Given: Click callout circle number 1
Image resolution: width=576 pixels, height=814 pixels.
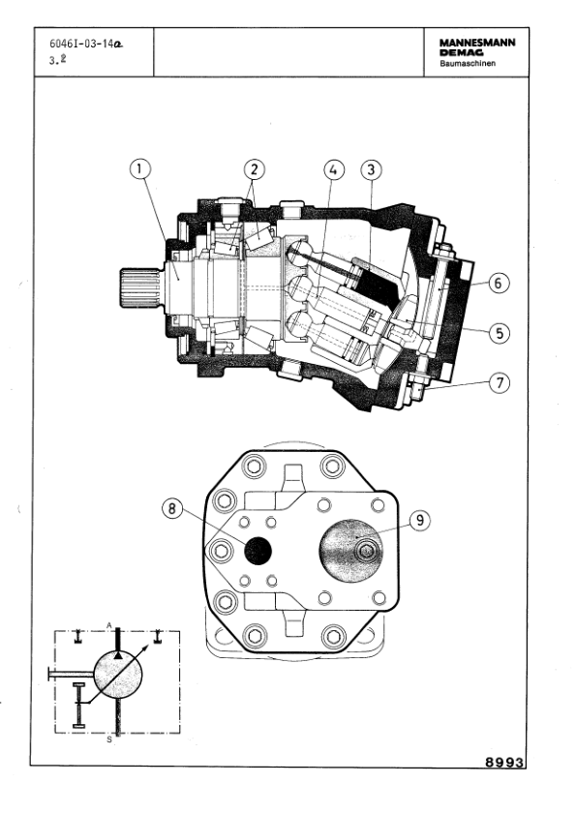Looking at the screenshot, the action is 140,169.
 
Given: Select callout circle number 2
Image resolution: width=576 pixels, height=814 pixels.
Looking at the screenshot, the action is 254,169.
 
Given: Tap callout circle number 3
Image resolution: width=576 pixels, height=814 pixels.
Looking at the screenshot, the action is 371,169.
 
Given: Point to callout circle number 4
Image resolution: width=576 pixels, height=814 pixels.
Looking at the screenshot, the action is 334,169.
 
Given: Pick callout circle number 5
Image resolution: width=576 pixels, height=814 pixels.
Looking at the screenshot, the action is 500,333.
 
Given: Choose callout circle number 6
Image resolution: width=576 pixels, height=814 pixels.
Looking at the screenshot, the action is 499,283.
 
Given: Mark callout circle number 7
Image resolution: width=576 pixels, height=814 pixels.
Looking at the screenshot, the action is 500,383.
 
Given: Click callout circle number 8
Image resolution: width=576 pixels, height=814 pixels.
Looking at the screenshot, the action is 173,509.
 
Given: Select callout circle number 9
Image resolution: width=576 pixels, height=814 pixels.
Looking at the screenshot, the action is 420,520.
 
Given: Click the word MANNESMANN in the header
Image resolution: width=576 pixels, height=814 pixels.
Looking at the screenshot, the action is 477,44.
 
